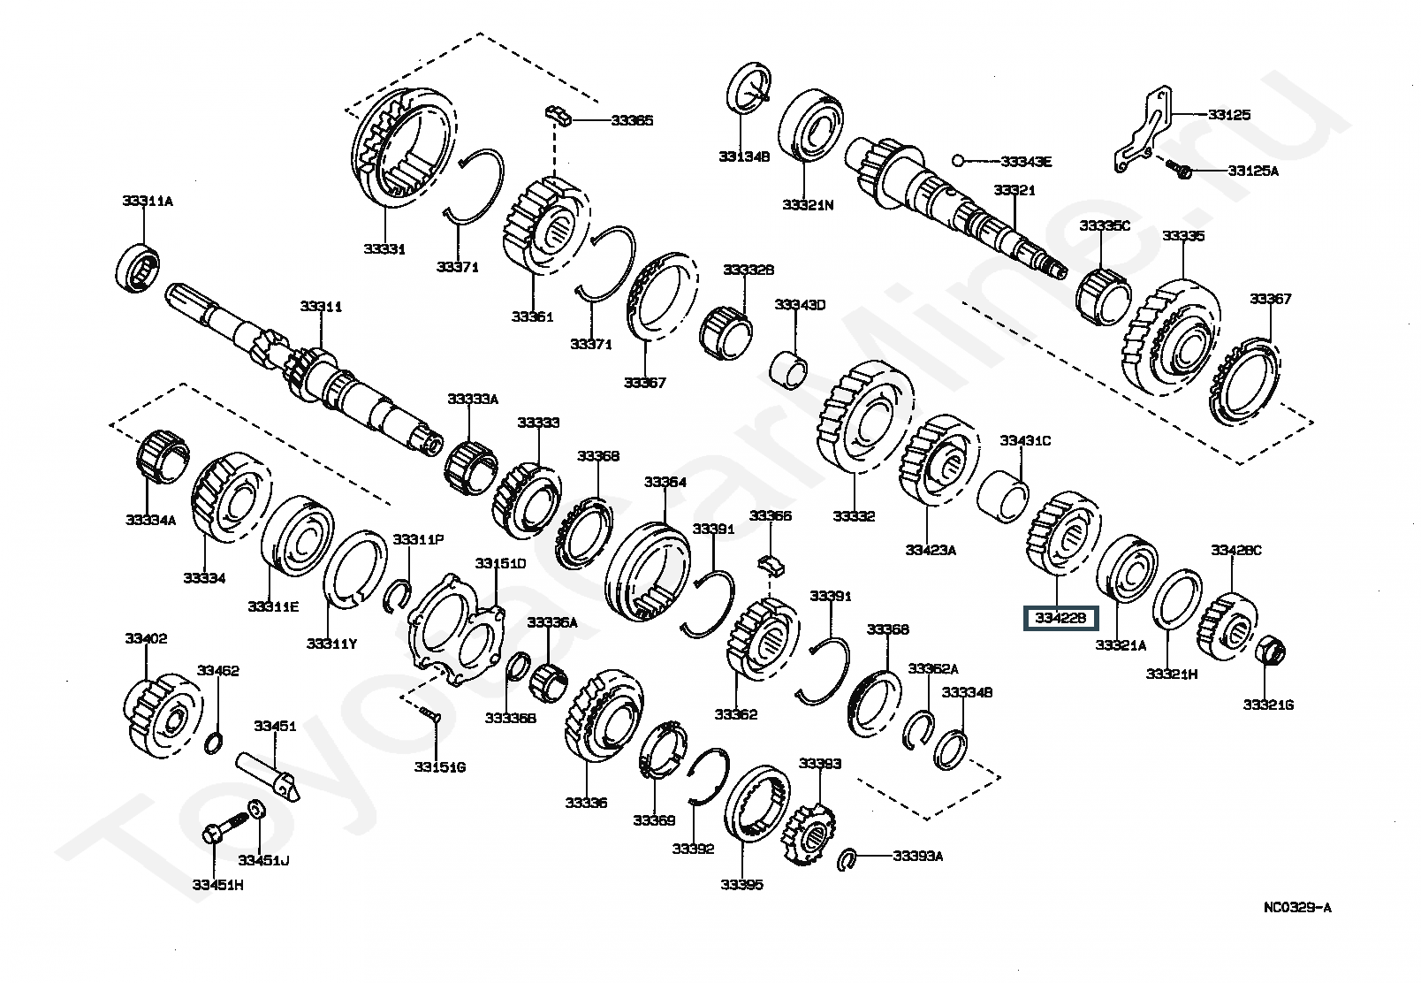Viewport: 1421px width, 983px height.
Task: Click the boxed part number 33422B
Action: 1060,618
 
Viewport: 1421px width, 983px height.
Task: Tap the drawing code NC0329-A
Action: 1298,908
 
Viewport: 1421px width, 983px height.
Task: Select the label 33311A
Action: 148,202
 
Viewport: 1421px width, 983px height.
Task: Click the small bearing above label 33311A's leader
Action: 138,267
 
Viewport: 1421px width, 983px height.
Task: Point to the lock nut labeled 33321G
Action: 1269,651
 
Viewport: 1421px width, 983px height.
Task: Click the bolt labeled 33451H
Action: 225,827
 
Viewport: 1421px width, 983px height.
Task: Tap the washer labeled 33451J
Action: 257,811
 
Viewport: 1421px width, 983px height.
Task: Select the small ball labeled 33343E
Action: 959,159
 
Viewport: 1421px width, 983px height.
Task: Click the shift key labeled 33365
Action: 559,116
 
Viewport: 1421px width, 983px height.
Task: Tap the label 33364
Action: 665,483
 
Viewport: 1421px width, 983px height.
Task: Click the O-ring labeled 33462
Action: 214,743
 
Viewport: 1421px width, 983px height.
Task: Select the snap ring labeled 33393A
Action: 847,859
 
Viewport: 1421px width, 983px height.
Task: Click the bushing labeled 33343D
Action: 789,370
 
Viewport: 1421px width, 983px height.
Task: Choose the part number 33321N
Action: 808,205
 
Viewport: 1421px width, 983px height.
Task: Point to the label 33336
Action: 586,804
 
